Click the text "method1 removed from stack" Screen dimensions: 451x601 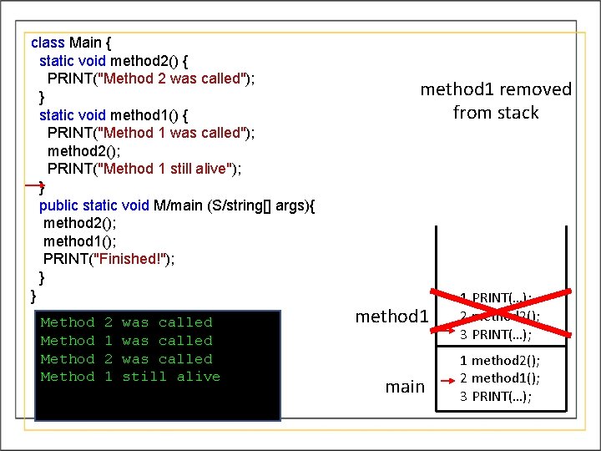[496, 100]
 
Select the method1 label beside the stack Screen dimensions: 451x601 [391, 317]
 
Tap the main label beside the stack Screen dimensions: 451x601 [405, 387]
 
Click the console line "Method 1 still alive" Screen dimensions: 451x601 [130, 377]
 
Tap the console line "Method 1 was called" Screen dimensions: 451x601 [126, 341]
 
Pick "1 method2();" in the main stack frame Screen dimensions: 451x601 [500, 361]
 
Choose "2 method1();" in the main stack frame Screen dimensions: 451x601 [500, 378]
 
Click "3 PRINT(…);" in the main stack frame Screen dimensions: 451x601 [496, 396]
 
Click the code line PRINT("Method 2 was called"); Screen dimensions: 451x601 [150, 79]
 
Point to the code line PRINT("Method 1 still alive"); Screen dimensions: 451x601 [144, 169]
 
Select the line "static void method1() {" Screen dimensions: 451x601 [117, 114]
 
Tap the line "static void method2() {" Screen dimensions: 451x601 [117, 61]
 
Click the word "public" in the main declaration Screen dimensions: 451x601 [58, 205]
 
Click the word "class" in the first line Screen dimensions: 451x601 [48, 43]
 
